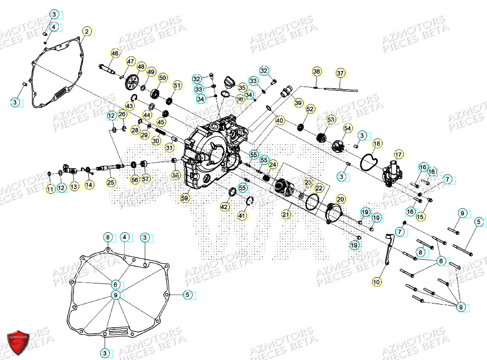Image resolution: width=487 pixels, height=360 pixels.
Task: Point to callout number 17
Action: coord(398,155)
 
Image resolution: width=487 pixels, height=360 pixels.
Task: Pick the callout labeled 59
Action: coord(184,198)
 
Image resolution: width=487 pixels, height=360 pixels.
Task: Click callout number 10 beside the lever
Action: coord(376,282)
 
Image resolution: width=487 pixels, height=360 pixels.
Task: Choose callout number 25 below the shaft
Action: coord(110,183)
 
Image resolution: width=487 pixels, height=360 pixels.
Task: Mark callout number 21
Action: coord(286,214)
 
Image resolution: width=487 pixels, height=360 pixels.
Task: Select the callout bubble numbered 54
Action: coord(347,128)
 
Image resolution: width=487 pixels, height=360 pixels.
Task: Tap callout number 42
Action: coord(225,207)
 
